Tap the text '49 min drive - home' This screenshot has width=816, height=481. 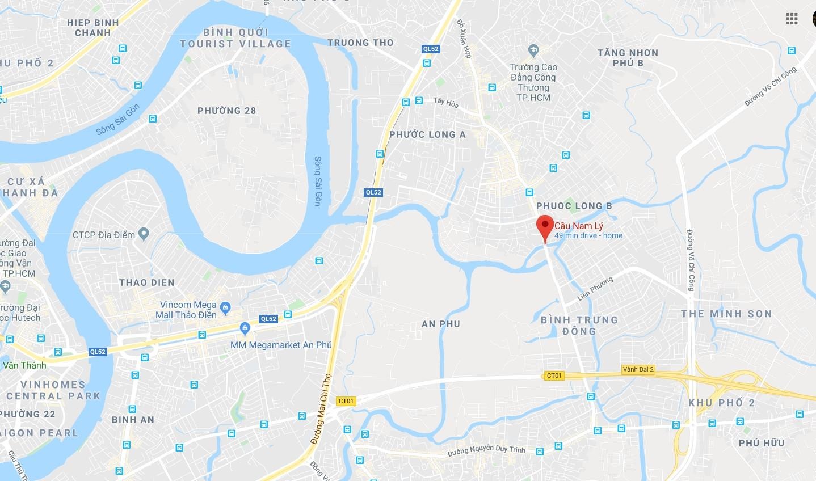pos(588,235)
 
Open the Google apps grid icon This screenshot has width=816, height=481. pos(792,19)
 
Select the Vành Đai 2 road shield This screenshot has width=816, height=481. pos(638,369)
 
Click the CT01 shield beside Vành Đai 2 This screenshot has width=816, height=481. pos(554,375)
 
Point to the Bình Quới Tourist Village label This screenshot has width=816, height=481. pos(235,38)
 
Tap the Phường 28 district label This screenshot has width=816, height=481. pos(226,111)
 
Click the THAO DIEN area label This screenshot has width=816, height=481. pos(146,282)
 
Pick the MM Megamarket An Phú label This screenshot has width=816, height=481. pos(281,345)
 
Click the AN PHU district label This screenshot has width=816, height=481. pos(441,324)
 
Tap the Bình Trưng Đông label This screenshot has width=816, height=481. pos(579,326)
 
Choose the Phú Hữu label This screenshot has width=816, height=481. pos(762,442)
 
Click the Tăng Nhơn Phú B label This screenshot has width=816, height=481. pos(628,58)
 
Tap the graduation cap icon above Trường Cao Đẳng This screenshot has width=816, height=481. pos(533,50)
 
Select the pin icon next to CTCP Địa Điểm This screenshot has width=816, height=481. pos(144,234)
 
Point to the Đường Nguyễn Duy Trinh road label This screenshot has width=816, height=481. pos(486,451)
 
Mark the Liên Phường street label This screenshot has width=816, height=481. pos(595,289)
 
